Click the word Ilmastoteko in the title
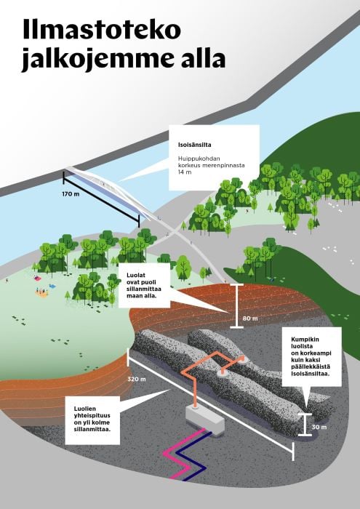tap(102, 29)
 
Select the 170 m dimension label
tap(71, 194)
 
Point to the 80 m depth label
tap(250, 318)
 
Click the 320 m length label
tap(137, 379)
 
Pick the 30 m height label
tap(319, 427)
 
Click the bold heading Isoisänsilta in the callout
tap(194, 145)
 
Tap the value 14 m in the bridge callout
tap(185, 172)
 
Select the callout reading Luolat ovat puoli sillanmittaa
tap(145, 286)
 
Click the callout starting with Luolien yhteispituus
tap(92, 420)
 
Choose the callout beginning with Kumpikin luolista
tap(311, 357)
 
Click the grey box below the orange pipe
tap(205, 418)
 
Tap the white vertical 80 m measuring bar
tap(236, 305)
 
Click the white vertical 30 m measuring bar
tap(305, 425)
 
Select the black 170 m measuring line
tap(101, 199)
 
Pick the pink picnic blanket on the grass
tap(38, 278)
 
